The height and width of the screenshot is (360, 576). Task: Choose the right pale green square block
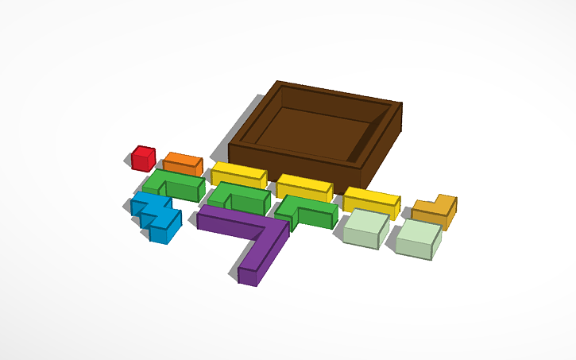pyautogui.click(x=418, y=236)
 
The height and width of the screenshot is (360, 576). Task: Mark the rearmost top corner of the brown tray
pyautogui.click(x=277, y=81)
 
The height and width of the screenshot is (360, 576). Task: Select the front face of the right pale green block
pyautogui.click(x=413, y=248)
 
